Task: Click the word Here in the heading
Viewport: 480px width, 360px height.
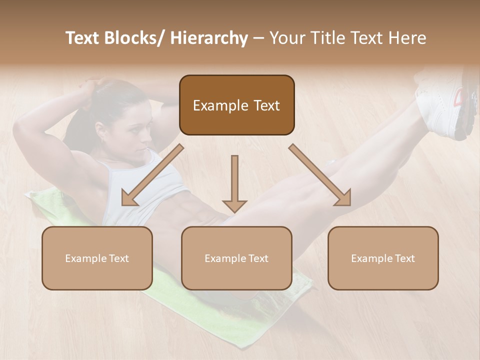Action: tap(407, 38)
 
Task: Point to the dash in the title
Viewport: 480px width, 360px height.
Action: tap(258, 38)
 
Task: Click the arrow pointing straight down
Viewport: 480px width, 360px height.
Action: tap(234, 185)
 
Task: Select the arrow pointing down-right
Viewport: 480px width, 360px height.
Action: tap(320, 175)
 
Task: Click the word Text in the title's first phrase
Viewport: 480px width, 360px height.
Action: tap(82, 38)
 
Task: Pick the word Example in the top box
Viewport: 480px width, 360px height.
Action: tap(213, 105)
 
